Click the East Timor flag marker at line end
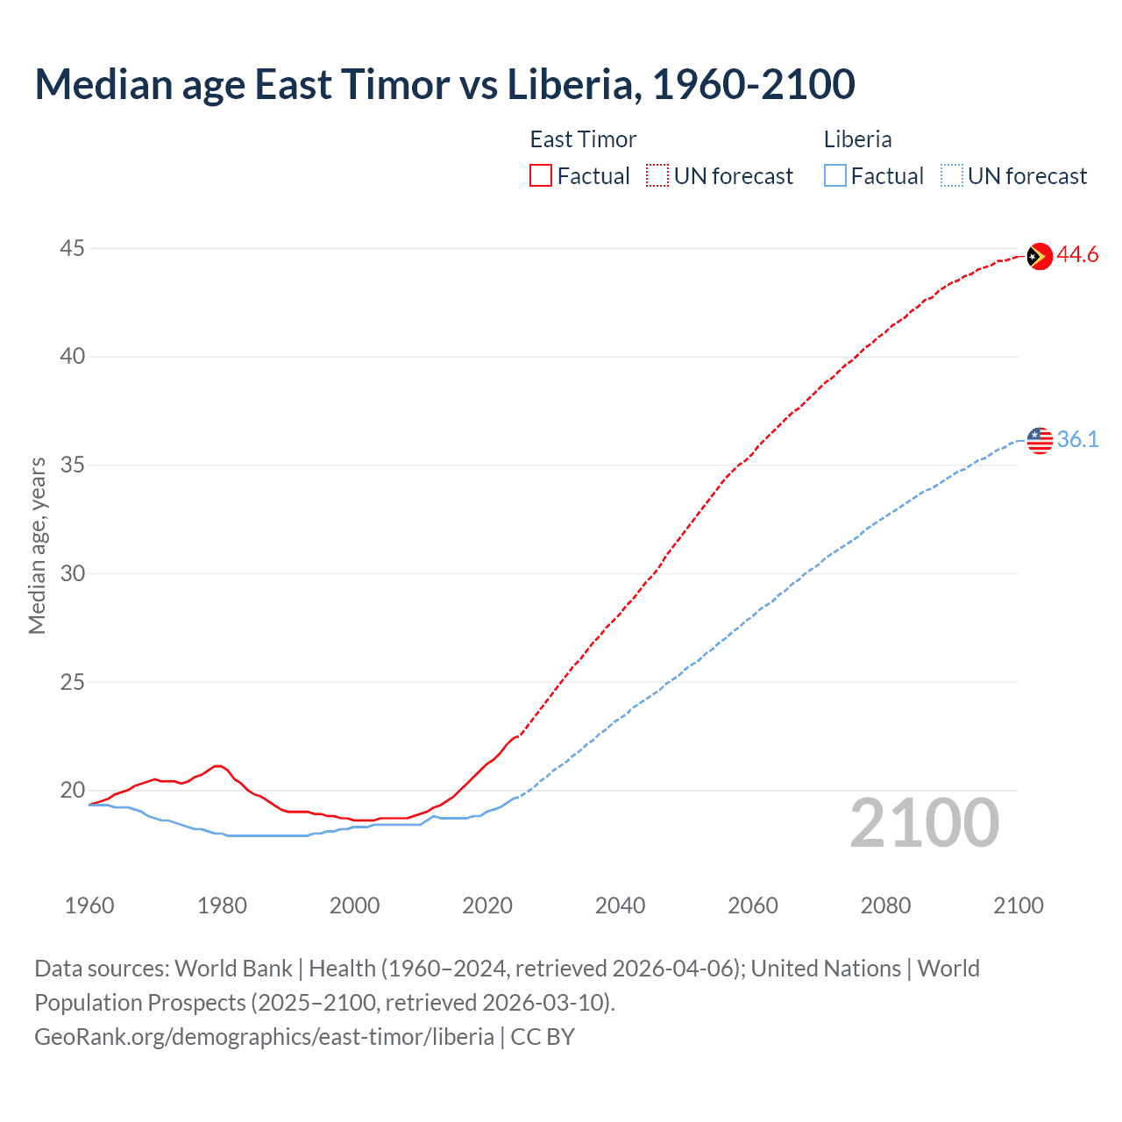click(x=1039, y=256)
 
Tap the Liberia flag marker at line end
click(x=1040, y=440)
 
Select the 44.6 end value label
click(x=1077, y=255)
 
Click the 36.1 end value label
click(x=1077, y=439)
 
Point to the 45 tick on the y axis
click(x=72, y=249)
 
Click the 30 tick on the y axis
click(x=72, y=573)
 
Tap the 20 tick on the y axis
click(x=72, y=790)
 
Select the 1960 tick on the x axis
click(x=89, y=905)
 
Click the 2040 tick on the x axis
click(x=620, y=905)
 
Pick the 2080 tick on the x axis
click(x=885, y=905)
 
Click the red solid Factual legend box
click(x=541, y=176)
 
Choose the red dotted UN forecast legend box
click(x=657, y=176)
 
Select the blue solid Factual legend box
click(x=835, y=176)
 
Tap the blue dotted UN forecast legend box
click(x=952, y=176)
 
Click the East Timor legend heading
click(x=583, y=139)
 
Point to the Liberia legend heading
click(x=857, y=139)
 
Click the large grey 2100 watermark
click(x=924, y=823)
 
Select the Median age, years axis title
click(x=37, y=545)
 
